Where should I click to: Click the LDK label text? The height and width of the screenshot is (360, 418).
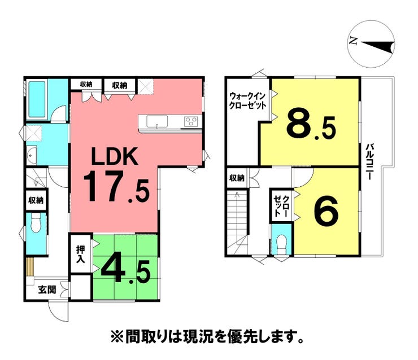115,156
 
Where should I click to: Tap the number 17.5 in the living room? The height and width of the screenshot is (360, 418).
116,186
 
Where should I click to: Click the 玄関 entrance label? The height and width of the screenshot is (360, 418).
47,289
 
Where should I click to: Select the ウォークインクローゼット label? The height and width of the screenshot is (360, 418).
248,100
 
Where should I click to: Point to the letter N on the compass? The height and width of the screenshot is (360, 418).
354,41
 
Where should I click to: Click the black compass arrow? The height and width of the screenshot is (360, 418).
378,46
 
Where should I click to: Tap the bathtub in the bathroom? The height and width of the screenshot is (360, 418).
37,99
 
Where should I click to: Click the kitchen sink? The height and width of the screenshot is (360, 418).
157,121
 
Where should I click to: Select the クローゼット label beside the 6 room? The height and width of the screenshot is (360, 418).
282,205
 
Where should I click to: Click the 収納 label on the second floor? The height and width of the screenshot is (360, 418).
237,178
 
